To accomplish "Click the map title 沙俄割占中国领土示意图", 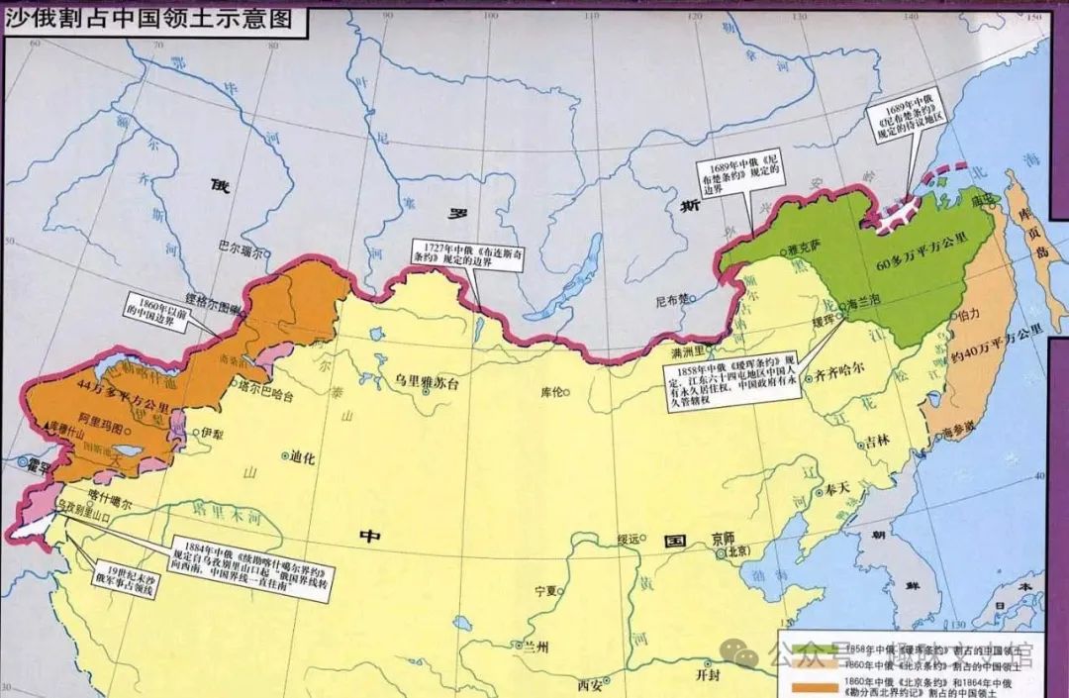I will pos(149,18).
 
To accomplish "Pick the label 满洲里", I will pos(687,351).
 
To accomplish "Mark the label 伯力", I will pos(969,314).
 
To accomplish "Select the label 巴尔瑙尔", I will pos(243,251).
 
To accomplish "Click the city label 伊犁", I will pos(212,433).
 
